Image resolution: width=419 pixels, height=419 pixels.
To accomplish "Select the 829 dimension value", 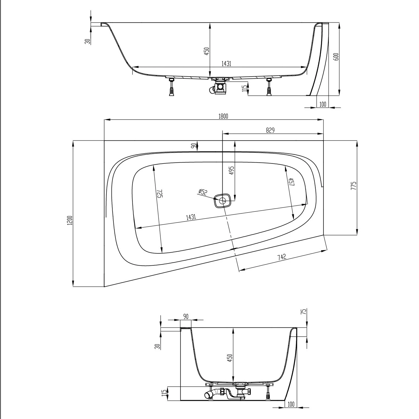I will pyautogui.click(x=270, y=130).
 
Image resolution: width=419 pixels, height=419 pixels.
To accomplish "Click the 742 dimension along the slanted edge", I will pyautogui.click(x=282, y=257).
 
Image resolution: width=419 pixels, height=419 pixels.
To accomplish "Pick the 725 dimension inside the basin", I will pyautogui.click(x=159, y=194).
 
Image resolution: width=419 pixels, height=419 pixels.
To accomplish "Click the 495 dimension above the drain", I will pyautogui.click(x=231, y=170).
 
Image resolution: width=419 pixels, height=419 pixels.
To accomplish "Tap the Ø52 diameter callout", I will pyautogui.click(x=203, y=192).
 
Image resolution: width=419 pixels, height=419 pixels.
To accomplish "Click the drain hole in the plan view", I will pyautogui.click(x=223, y=200).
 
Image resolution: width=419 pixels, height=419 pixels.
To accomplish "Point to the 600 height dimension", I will pyautogui.click(x=336, y=57).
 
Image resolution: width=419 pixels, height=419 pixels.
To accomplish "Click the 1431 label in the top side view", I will pyautogui.click(x=226, y=64).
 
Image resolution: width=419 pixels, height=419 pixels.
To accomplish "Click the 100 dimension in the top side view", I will pyautogui.click(x=323, y=104).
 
